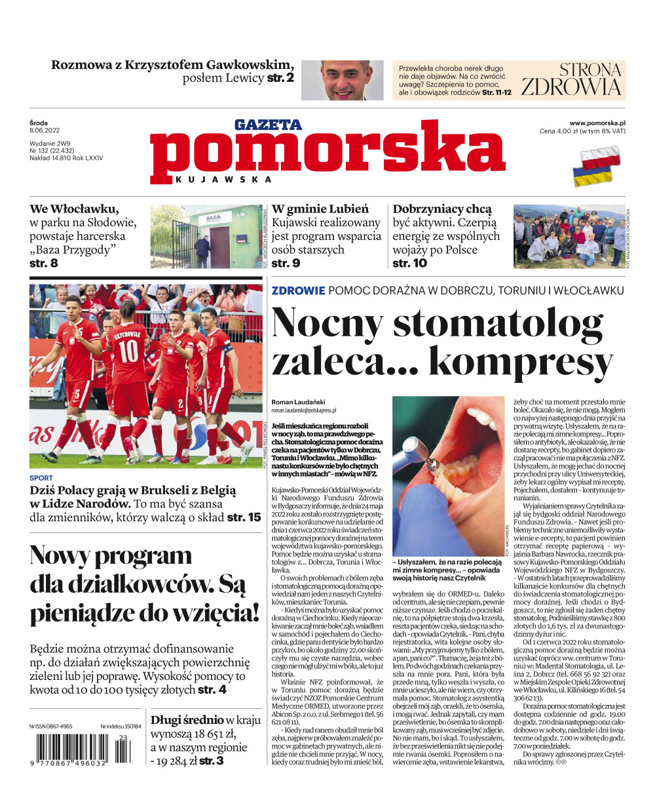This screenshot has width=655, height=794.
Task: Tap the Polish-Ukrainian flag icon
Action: pyautogui.click(x=597, y=165)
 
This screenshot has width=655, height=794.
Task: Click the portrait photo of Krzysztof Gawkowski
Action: pyautogui.click(x=351, y=80)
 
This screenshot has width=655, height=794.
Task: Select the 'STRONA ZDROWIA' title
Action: pyautogui.click(x=571, y=79)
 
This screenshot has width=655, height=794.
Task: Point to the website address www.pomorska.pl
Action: pyautogui.click(x=597, y=123)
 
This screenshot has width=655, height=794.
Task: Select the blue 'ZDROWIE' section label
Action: pyautogui.click(x=298, y=290)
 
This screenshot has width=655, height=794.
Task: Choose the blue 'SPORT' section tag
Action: pyautogui.click(x=41, y=478)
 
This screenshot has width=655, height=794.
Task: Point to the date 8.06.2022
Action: pyautogui.click(x=45, y=130)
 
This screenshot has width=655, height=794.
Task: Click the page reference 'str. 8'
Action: pyautogui.click(x=44, y=263)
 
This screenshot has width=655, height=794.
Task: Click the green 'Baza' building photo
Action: pyautogui.click(x=205, y=236)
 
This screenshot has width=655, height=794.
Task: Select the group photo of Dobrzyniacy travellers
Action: pyautogui.click(x=568, y=236)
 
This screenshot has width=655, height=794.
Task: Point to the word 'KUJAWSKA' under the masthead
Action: pyautogui.click(x=223, y=180)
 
